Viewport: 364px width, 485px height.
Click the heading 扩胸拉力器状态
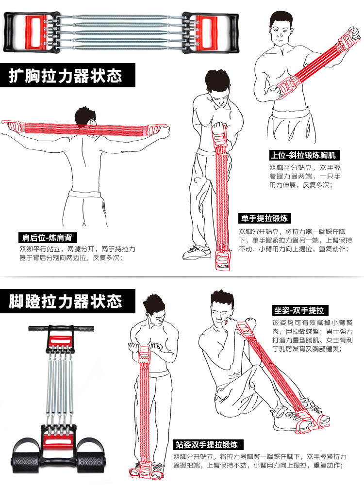[66, 76]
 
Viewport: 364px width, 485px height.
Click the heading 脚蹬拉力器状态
[66, 302]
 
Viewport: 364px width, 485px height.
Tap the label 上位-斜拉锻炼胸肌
[304, 156]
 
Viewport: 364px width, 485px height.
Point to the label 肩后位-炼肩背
[47, 238]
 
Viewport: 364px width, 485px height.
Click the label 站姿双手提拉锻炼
[208, 444]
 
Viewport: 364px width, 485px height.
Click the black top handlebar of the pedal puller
[61, 328]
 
